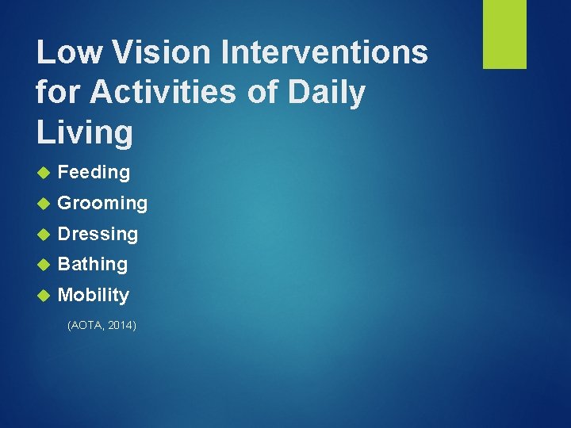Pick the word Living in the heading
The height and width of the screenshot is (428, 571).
point(85,132)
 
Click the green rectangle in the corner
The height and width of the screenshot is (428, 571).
point(504,34)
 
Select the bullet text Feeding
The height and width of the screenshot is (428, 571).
point(94,172)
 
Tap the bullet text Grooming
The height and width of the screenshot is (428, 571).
point(102,203)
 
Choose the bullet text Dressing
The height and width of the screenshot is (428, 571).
point(98,234)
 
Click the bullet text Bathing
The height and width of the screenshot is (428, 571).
point(93,264)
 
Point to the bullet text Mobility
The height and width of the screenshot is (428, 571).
point(94,295)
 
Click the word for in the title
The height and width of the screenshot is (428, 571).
point(59,93)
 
